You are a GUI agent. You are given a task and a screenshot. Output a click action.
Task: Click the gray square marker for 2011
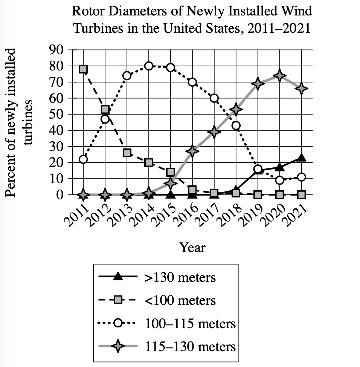[x=83, y=69]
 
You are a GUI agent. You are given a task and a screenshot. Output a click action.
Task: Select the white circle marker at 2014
[x=149, y=66]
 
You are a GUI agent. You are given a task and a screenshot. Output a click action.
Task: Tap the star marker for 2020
[x=279, y=75]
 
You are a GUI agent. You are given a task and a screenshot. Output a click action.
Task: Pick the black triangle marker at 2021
[x=301, y=158]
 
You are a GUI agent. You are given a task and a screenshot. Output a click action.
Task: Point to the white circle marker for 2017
[x=214, y=98]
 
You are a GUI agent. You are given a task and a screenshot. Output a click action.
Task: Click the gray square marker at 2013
[x=127, y=153]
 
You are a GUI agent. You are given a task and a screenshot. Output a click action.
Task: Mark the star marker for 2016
[x=192, y=151]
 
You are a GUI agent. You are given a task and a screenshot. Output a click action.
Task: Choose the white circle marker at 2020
[x=279, y=180]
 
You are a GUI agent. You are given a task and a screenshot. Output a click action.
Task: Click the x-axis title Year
[x=192, y=248]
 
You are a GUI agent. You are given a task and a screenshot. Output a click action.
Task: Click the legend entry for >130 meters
[x=180, y=278]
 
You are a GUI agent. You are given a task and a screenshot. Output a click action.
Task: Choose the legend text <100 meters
[x=180, y=300]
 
